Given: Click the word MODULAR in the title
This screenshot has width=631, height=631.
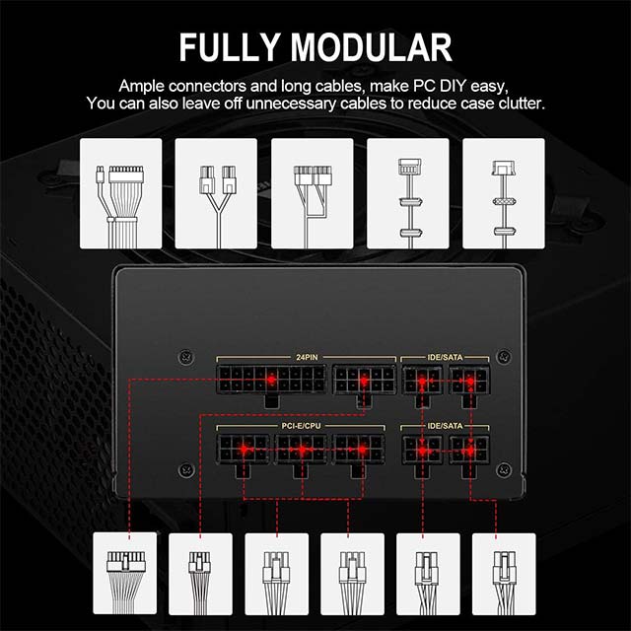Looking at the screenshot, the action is point(371,47).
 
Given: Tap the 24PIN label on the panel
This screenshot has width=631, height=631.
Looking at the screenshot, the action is point(307,357).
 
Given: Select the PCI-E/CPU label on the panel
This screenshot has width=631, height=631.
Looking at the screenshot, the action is point(301,425).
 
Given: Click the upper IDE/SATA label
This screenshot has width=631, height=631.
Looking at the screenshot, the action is point(445,357).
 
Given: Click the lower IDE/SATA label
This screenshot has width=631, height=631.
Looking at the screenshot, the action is point(445,425).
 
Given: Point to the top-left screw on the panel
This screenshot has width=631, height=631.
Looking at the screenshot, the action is point(186,357).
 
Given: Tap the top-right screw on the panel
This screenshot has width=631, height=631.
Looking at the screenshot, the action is point(504,357).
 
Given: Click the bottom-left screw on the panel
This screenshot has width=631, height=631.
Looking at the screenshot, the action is point(186,469).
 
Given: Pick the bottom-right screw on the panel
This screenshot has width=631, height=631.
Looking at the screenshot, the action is point(504,469).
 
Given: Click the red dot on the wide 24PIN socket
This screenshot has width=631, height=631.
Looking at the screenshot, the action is point(272,380).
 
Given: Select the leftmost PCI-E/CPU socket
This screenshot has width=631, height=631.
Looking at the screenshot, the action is point(244,450).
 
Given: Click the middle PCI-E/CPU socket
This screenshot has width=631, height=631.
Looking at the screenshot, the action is point(301,450).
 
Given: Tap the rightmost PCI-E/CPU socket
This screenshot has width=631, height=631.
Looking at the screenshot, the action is point(358,450).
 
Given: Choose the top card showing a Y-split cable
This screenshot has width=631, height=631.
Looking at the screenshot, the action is point(216,193).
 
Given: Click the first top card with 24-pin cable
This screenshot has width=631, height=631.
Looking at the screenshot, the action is point(120,193).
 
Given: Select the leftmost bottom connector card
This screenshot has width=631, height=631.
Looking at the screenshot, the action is point(125,574).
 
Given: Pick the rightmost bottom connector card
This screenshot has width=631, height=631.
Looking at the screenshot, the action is point(504,574).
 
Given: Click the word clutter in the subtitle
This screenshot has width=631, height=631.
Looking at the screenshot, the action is point(522,104).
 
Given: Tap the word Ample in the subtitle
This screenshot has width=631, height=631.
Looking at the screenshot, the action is point(141,87).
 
